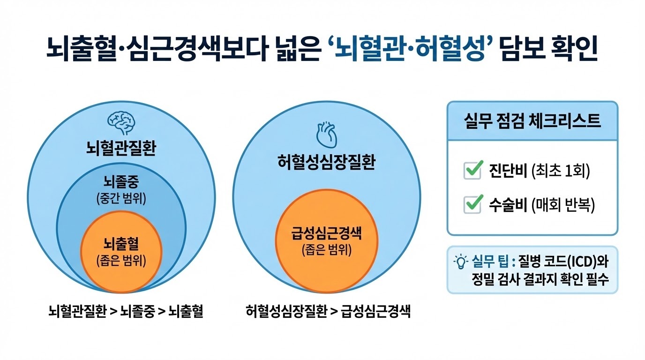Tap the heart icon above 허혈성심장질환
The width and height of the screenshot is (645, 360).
(x=327, y=135)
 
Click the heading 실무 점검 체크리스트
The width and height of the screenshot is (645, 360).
(x=532, y=121)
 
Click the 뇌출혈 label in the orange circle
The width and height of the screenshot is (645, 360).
(x=121, y=244)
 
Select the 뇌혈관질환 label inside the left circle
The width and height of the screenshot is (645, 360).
(x=121, y=150)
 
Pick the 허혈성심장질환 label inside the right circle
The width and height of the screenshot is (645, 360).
(x=327, y=163)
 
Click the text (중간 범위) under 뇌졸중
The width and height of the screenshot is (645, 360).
(x=121, y=199)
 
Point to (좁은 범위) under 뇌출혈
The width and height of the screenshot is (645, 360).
(x=121, y=261)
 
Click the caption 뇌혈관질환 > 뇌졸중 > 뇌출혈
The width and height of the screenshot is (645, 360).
(x=126, y=311)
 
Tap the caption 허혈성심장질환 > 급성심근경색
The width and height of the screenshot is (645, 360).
(x=328, y=311)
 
